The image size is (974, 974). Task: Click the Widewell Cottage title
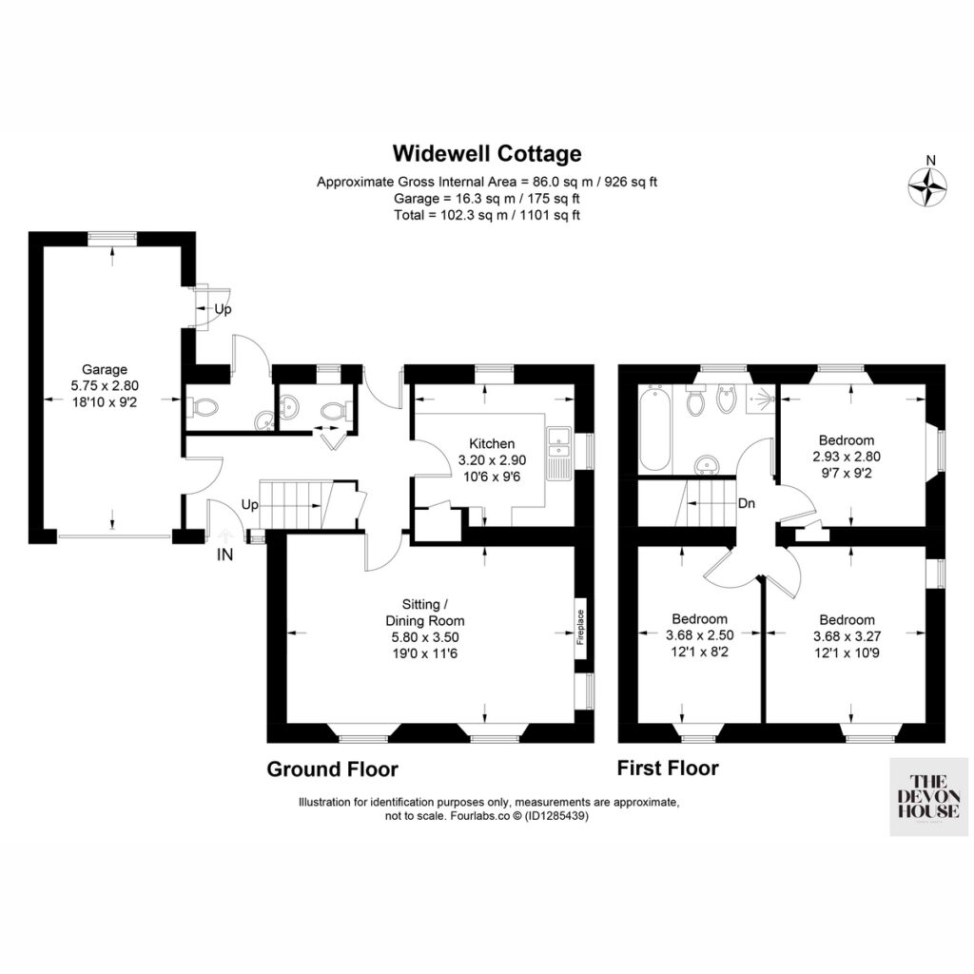tap(487, 153)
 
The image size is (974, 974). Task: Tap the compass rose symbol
tap(927, 186)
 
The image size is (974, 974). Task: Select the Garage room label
tap(105, 370)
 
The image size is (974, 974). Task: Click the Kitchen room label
tap(492, 443)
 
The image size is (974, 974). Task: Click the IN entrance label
tap(224, 555)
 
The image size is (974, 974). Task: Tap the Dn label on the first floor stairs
tap(747, 503)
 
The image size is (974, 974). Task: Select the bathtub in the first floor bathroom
tap(654, 429)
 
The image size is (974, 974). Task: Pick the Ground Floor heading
tap(332, 769)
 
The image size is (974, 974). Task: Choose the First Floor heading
tap(668, 769)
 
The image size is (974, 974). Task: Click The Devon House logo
tap(929, 796)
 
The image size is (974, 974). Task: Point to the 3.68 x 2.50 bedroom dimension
tap(699, 635)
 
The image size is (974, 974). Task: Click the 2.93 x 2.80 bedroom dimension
tap(847, 457)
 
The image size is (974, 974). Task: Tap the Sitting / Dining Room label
tap(425, 613)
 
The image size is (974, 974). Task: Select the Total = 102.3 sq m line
tap(487, 216)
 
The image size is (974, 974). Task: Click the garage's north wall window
tap(112, 236)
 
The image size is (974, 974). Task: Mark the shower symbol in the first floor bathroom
tap(761, 397)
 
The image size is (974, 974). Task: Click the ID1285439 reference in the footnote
tap(555, 816)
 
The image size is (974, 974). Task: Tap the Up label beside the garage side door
tap(223, 309)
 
